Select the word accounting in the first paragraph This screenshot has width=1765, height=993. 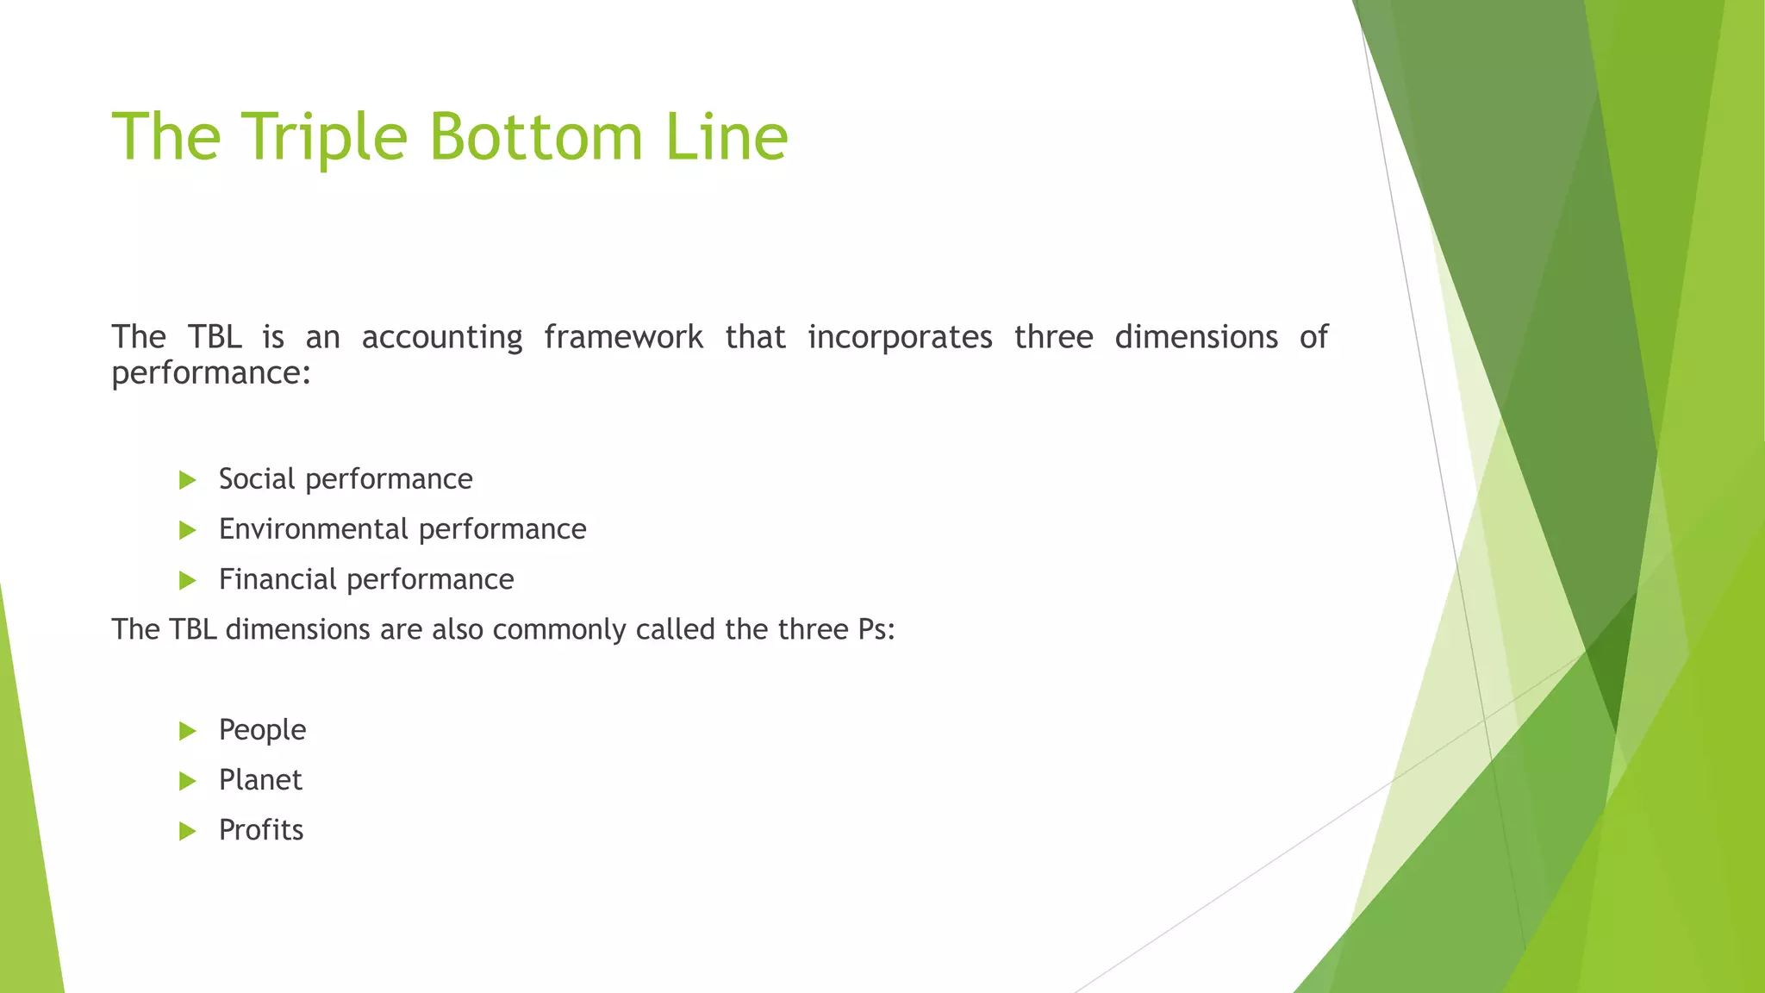pyautogui.click(x=441, y=338)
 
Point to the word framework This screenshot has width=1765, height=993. pyautogui.click(x=623, y=337)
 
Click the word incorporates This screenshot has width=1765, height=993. pyautogui.click(x=900, y=337)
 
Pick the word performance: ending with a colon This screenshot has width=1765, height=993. pyautogui.click(x=210, y=374)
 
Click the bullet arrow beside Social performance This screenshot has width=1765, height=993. pyautogui.click(x=188, y=480)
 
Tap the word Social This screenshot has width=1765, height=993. pyautogui.click(x=257, y=479)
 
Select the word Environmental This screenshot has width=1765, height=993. pyautogui.click(x=313, y=529)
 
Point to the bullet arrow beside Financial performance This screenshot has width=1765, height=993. pyautogui.click(x=188, y=581)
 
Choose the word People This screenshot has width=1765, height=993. pyautogui.click(x=262, y=731)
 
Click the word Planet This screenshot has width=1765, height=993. pyautogui.click(x=260, y=780)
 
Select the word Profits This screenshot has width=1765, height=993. pyautogui.click(x=261, y=830)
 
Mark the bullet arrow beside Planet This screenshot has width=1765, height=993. pyautogui.click(x=188, y=782)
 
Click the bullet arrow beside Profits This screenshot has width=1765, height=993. pyautogui.click(x=188, y=832)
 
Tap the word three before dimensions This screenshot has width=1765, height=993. pyautogui.click(x=1053, y=337)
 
